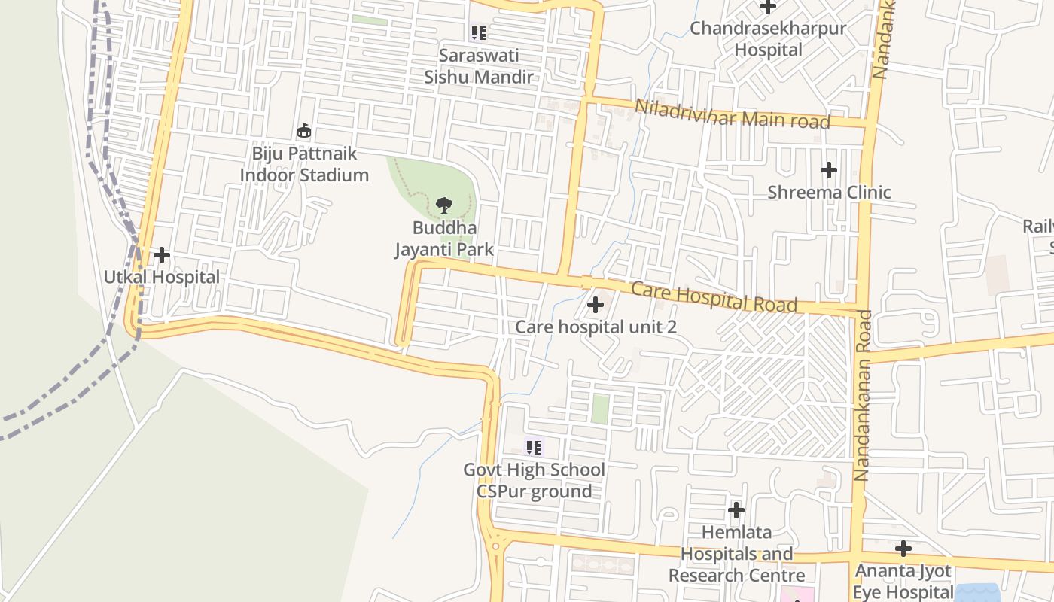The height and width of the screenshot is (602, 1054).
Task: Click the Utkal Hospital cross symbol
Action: pos(162,256)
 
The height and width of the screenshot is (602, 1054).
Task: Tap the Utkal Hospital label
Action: pos(162,278)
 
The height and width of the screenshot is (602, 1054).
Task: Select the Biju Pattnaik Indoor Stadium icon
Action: pos(304,132)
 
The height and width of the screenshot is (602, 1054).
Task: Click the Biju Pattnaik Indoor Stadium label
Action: pos(304,165)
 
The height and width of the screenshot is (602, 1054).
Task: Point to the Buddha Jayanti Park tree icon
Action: pos(444,205)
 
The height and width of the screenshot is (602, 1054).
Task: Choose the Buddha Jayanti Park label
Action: pos(444,239)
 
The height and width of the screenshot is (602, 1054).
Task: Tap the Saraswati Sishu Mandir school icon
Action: pos(479,33)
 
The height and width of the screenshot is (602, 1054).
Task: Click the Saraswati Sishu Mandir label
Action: pos(479,66)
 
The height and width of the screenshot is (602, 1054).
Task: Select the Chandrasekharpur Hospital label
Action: pos(768,39)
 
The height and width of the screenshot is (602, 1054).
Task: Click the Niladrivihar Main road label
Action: pos(732,114)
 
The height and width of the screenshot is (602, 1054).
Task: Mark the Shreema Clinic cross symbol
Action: pos(829,170)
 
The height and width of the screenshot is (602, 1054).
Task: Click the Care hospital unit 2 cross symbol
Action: pos(596,305)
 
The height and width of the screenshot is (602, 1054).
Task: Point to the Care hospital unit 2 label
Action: pos(596,327)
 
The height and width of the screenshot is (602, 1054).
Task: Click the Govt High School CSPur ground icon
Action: pos(535,448)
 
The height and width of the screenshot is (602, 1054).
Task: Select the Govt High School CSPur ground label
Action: pos(535,481)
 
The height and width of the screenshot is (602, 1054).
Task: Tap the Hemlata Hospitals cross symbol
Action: pos(736,510)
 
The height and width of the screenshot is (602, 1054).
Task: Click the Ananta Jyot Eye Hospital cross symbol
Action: pos(903,549)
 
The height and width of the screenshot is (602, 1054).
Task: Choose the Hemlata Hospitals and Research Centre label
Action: pos(736,555)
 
